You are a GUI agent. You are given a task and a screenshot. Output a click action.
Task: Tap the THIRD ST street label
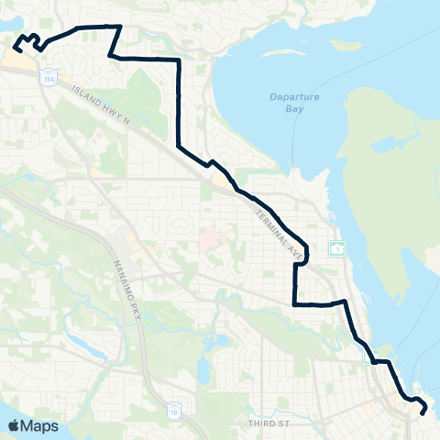(273, 423)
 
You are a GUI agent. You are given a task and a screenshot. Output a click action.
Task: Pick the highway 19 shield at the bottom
(174, 405)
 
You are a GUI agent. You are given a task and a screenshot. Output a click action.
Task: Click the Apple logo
(15, 425)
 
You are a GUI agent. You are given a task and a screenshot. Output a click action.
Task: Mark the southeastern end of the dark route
(423, 412)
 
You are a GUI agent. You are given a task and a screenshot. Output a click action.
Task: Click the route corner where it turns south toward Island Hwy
(178, 60)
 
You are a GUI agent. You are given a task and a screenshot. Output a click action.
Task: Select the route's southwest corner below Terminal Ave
(294, 303)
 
